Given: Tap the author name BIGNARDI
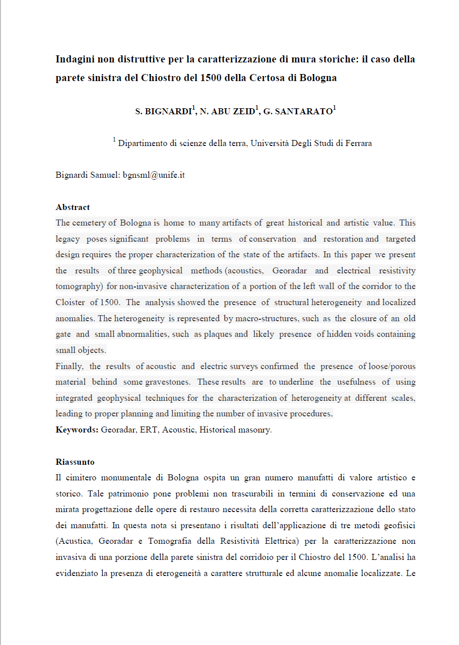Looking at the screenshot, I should click(x=166, y=112).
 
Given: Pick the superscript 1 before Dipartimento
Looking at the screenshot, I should click(x=114, y=140).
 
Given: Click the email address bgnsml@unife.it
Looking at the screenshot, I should click(x=154, y=175).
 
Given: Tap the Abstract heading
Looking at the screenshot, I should click(x=73, y=207).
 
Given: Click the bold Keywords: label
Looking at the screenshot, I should click(x=77, y=430).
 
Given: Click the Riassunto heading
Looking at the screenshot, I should click(x=75, y=462).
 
